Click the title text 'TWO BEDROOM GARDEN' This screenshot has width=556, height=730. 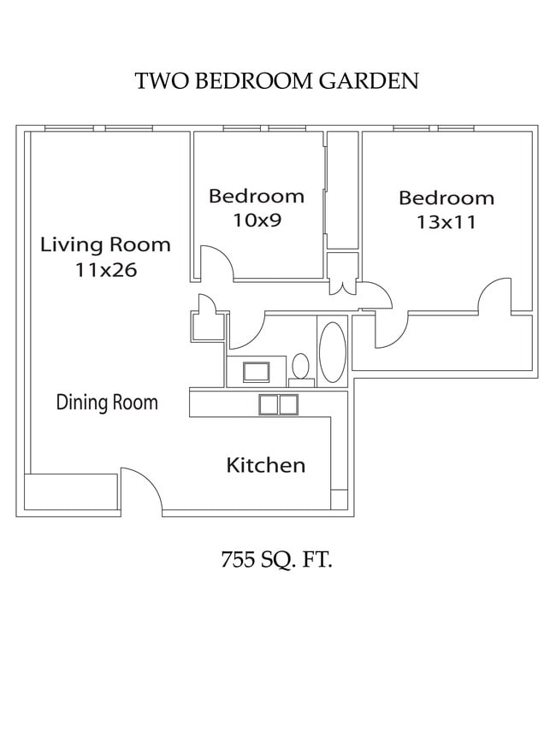(276, 81)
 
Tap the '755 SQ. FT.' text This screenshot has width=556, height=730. (276, 561)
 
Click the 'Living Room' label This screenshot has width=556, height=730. (106, 245)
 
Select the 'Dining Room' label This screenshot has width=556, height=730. (107, 403)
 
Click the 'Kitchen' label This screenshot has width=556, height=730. (265, 466)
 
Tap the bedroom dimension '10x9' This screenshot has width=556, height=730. (257, 221)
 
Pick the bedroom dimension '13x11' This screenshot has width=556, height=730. (447, 222)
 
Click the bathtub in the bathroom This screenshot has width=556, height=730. (332, 350)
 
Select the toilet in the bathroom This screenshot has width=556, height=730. (300, 367)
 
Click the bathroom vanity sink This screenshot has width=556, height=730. (256, 372)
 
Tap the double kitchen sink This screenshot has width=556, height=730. (278, 404)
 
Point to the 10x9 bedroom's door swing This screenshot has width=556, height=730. (217, 260)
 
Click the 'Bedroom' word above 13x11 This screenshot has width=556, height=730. (447, 198)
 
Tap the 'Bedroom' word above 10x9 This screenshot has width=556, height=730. (257, 197)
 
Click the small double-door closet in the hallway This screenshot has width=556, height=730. (342, 274)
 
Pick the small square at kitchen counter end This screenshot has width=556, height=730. (339, 499)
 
